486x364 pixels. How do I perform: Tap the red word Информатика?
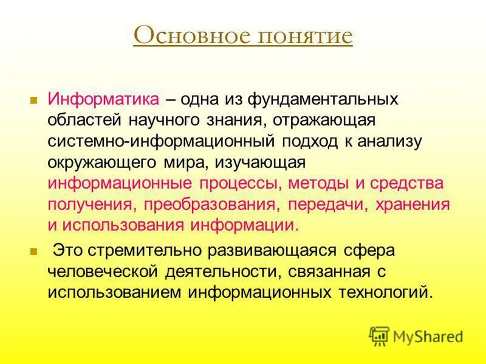click(104, 99)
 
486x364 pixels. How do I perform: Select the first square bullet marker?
click(34, 98)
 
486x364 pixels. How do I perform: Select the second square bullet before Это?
click(34, 250)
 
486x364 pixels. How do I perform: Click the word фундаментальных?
click(323, 99)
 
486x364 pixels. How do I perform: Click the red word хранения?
click(414, 204)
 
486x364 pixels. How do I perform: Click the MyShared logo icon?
click(379, 335)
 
